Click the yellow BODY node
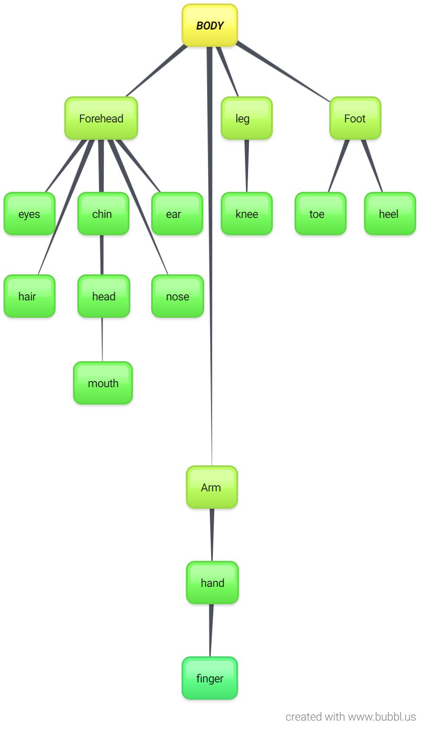[x=210, y=26]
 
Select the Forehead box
[x=101, y=119]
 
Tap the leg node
[x=247, y=119]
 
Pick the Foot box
[x=355, y=119]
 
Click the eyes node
[x=30, y=214]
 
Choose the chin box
[x=103, y=214]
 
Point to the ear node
[x=177, y=214]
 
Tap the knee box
[x=247, y=214]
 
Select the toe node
[x=321, y=214]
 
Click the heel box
[x=390, y=214]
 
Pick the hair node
[x=30, y=296]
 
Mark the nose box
[x=177, y=296]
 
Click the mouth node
[x=103, y=383]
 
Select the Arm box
[x=212, y=487]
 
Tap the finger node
[x=210, y=678]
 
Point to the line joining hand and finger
[x=211, y=630]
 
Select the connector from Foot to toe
[x=339, y=166]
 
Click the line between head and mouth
[x=102, y=339]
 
